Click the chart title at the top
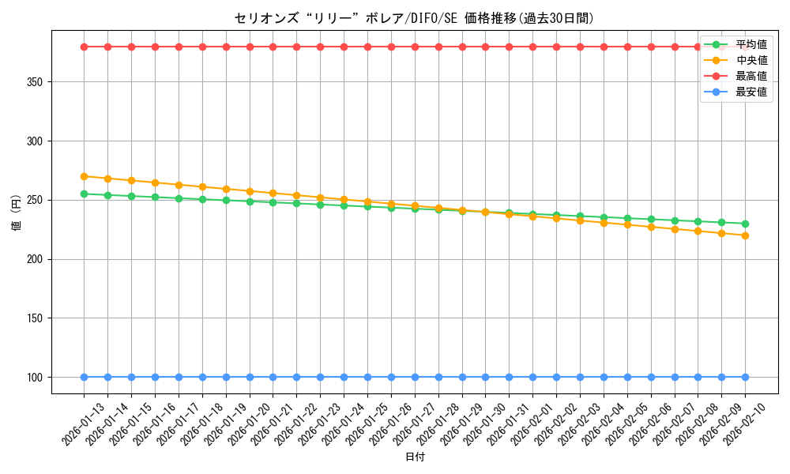[414, 18]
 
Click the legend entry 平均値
[750, 44]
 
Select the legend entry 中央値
[750, 60]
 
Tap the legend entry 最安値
[750, 92]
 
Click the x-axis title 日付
[414, 457]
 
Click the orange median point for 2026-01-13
[84, 176]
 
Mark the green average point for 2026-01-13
[84, 194]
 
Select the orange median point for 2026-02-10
[745, 235]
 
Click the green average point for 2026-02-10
[745, 224]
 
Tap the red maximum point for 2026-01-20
[250, 47]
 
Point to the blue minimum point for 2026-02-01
[532, 377]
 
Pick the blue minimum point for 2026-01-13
[84, 377]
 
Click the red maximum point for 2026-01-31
[509, 47]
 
